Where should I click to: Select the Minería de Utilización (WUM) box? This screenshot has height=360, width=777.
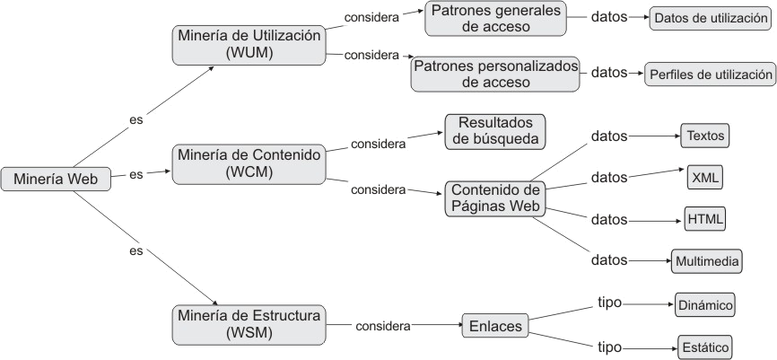point(249,45)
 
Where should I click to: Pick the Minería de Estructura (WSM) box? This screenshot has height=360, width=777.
point(249,323)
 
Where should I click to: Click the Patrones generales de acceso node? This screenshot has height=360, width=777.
point(494,19)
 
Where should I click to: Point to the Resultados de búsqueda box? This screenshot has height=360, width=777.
point(496,130)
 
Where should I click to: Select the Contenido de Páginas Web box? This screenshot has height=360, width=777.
point(495,198)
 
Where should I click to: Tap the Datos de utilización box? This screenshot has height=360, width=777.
point(711,17)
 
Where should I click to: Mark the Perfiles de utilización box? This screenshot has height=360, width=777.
point(708,74)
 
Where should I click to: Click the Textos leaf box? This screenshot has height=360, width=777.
point(704,136)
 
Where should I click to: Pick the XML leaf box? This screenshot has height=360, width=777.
point(705,178)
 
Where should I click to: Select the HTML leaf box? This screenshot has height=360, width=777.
point(705,219)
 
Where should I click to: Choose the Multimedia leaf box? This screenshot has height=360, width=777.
point(707,261)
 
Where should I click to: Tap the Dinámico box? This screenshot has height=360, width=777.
point(705,304)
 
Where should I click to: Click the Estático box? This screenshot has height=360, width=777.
point(704,347)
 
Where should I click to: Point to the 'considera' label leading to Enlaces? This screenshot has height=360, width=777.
point(383,326)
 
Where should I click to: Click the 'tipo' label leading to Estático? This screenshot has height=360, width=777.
point(609,346)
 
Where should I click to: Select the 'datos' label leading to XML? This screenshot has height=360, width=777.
point(609,178)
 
